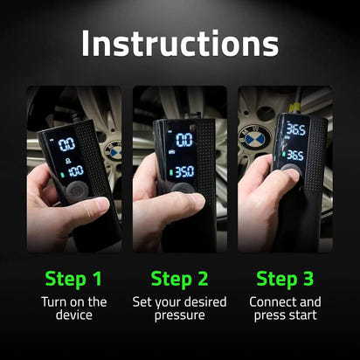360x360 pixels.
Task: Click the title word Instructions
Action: point(180,43)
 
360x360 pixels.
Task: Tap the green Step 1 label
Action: point(73,280)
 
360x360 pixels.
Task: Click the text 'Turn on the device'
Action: point(73,308)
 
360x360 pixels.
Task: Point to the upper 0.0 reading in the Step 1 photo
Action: point(66,144)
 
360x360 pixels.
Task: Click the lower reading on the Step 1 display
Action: point(75,170)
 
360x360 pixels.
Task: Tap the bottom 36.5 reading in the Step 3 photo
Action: point(294,156)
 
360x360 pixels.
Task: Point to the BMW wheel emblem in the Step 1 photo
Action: point(114,151)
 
